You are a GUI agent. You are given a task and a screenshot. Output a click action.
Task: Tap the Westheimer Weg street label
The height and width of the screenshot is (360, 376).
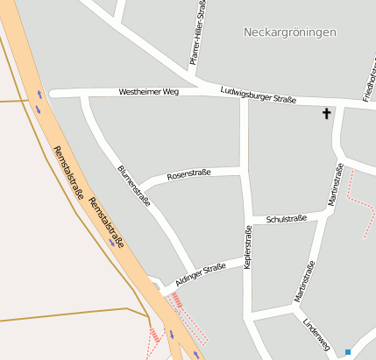point(148,91)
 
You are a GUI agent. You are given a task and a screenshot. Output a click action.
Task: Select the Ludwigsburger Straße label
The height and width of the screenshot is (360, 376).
point(258,94)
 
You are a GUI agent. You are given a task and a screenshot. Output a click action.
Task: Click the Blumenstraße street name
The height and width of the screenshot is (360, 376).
point(134,184)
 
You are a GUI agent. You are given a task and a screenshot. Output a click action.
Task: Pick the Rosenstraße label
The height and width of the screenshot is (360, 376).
point(188,173)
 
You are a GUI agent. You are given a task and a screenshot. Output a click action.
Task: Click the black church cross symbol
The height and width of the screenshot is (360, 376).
point(327,113)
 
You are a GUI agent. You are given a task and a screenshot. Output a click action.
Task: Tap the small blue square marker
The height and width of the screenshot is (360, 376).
point(348,352)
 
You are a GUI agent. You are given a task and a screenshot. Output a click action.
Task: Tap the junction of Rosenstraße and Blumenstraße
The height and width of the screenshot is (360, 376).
point(142,187)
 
